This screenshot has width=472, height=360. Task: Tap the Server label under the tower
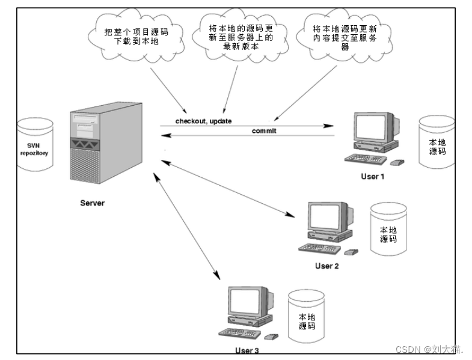click(x=92, y=203)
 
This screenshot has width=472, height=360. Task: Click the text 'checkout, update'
click(x=203, y=121)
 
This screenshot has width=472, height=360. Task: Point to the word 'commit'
click(x=264, y=130)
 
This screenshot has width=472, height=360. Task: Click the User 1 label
click(x=372, y=176)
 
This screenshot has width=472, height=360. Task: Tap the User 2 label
click(x=327, y=265)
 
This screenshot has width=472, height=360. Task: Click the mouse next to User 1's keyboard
click(x=396, y=162)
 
